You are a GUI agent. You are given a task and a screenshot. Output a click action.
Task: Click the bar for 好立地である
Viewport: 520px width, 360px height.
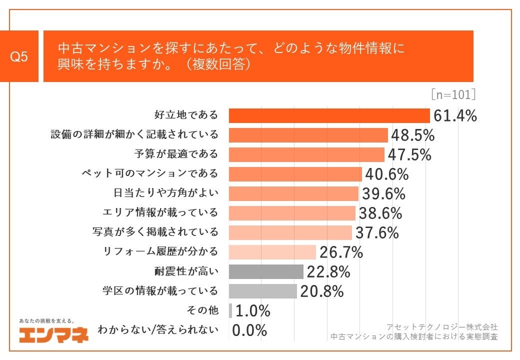pos(329,115)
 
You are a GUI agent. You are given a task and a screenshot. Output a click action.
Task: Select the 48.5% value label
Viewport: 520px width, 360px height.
pos(412,135)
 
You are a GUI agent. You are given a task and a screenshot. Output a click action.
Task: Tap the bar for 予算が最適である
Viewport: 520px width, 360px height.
pos(306,154)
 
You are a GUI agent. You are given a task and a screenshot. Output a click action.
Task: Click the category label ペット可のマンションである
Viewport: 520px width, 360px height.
pos(150,174)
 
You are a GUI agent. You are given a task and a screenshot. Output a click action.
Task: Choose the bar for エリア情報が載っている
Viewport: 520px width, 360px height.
pos(292,213)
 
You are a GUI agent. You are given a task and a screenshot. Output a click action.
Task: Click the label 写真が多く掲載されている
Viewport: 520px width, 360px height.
pos(155,232)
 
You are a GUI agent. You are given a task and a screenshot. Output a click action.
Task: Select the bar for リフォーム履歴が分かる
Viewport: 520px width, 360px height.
pos(272,252)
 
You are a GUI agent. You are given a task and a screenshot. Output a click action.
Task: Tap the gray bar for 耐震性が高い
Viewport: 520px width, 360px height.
pos(266,271)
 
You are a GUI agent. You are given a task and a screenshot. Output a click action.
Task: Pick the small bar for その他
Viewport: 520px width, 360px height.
pos(230,310)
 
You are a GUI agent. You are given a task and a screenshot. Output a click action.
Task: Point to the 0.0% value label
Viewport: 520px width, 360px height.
pos(249,330)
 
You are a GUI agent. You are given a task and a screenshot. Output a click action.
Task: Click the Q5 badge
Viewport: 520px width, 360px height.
pos(19,56)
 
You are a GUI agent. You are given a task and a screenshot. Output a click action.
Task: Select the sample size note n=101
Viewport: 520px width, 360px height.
pos(453,94)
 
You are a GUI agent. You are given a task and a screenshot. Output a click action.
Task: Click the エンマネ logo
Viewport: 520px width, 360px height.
pos(54,333)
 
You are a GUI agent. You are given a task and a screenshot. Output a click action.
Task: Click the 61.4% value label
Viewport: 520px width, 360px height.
pos(454,115)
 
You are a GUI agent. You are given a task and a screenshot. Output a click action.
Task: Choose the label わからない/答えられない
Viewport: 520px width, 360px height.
pos(158,330)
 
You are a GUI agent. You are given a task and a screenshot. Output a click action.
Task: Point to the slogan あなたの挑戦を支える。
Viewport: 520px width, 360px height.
pos(46,320)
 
